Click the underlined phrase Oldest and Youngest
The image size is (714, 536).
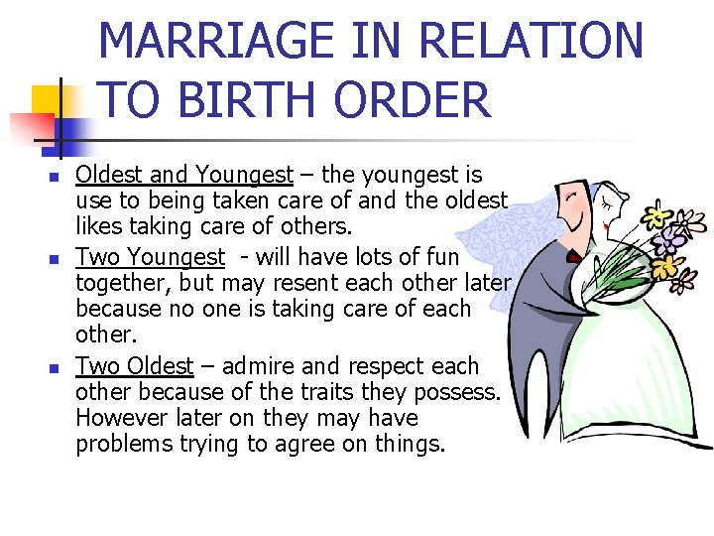pos(184,176)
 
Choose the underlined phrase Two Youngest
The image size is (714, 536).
pos(150,257)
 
